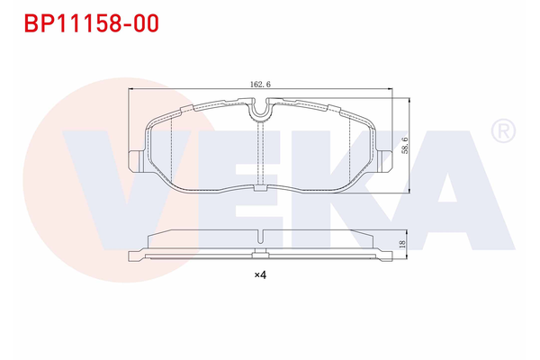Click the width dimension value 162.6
[260, 84]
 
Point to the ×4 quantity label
[260, 274]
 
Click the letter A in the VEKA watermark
[441, 189]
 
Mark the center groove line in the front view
[260, 153]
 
